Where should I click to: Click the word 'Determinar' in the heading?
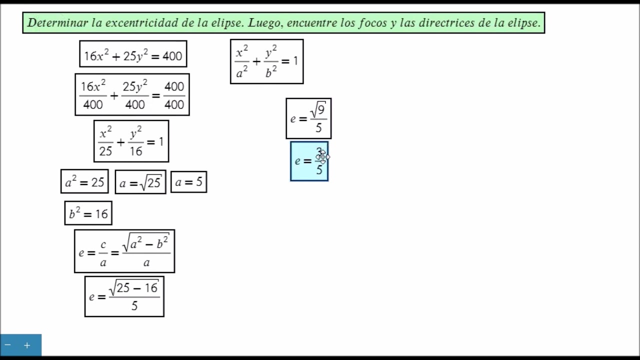click(x=57, y=23)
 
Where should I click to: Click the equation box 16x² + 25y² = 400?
click(x=133, y=53)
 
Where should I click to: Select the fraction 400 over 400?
click(x=174, y=95)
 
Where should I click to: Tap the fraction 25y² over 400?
click(x=135, y=95)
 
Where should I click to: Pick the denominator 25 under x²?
click(x=105, y=151)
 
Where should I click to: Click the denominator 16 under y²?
click(x=136, y=151)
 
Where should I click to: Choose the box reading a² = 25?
click(x=84, y=181)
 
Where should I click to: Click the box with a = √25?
click(x=140, y=182)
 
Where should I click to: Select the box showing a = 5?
click(x=189, y=182)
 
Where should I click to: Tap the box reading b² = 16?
click(x=88, y=213)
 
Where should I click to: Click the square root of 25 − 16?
click(x=134, y=287)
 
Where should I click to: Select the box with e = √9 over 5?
click(x=308, y=118)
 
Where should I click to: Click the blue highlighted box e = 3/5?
click(x=309, y=161)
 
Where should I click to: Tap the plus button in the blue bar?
click(x=27, y=345)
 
